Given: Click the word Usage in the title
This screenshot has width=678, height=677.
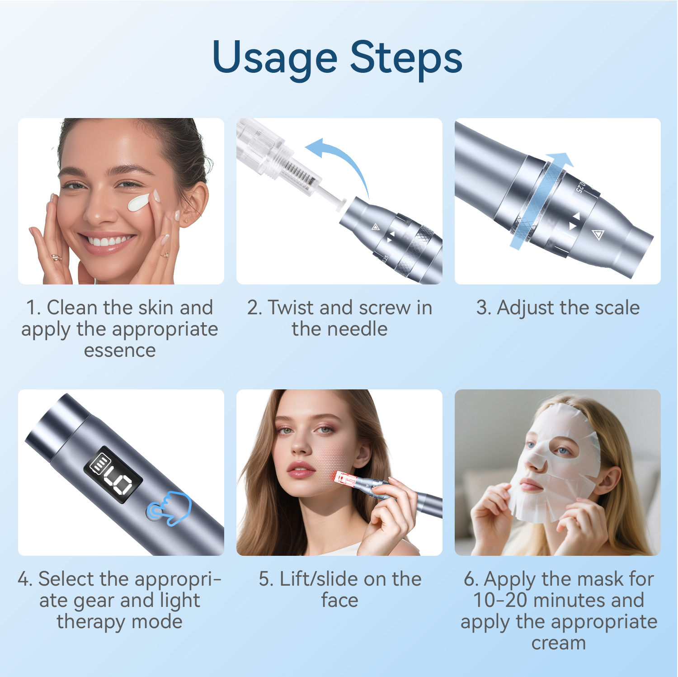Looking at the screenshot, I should coord(274,58).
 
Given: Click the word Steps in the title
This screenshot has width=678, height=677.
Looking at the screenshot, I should coord(406,58).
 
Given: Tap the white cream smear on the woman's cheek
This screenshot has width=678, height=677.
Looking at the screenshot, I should coord(138,203).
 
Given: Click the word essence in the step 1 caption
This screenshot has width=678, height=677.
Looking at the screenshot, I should coord(120,350).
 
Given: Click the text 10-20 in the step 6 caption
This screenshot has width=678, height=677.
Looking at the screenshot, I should coord(500,601).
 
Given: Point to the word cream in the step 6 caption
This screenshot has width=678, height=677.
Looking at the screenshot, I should coord(558,643).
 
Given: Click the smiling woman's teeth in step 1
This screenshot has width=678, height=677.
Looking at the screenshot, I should coord(108,241).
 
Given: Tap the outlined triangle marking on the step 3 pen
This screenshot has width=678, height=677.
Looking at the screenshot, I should coord(598,234).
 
